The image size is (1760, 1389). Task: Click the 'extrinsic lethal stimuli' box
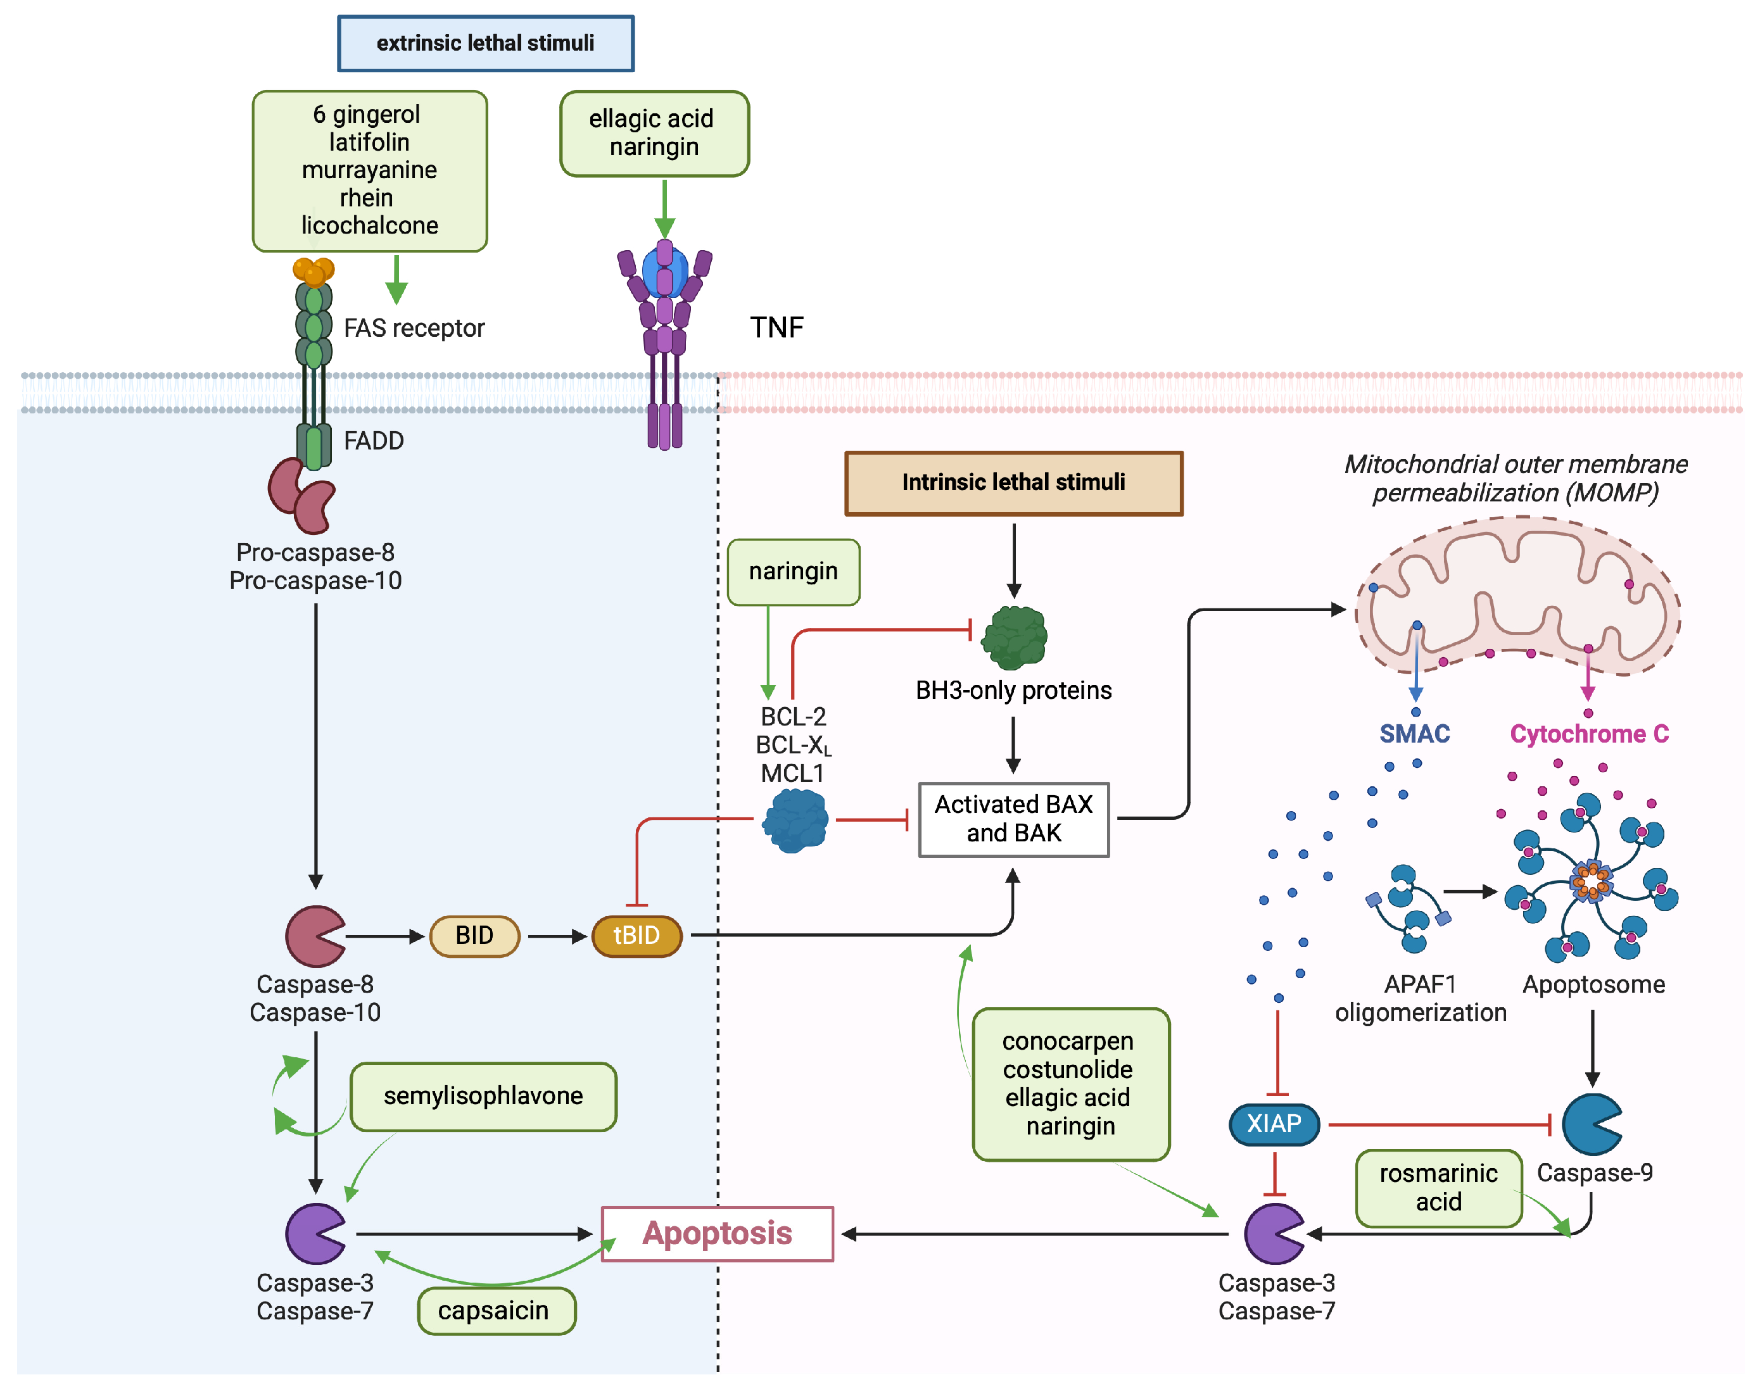coord(486,43)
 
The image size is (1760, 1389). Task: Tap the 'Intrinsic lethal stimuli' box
coord(1013,483)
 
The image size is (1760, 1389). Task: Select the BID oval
coord(474,936)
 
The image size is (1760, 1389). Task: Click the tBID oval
coord(637,936)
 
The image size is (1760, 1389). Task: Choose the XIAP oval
coord(1274,1124)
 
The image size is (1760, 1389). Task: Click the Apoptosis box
coord(718,1234)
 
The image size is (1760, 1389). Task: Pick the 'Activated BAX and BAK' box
coord(1013,819)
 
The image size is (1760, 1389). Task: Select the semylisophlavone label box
coord(483,1097)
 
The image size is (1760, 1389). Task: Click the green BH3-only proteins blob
coord(1013,638)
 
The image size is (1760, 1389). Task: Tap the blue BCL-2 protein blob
coord(795,820)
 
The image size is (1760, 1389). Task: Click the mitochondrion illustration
coord(1517,598)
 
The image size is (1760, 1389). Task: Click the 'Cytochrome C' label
coord(1589,734)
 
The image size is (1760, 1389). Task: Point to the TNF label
coord(776,328)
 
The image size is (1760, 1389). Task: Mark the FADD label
coord(373,441)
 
